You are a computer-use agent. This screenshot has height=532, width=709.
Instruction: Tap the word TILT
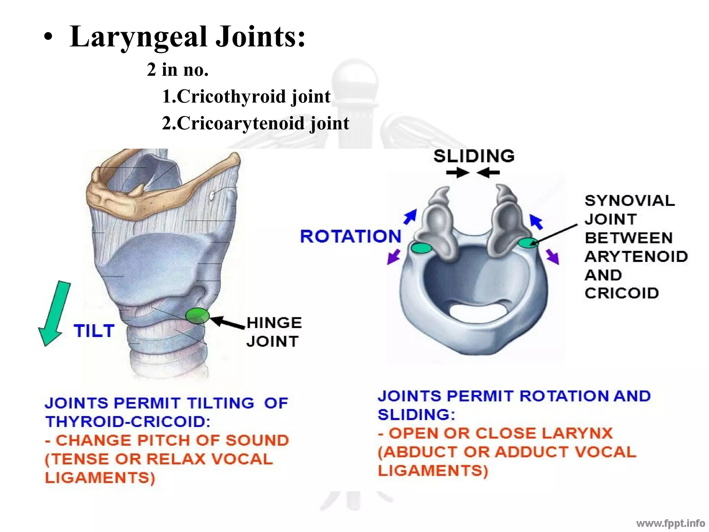point(94,331)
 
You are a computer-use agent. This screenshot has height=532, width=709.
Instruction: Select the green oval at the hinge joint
point(197,316)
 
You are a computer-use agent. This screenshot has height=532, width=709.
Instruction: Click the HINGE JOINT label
point(274,332)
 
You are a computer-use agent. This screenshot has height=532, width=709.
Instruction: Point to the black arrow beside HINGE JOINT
point(227,322)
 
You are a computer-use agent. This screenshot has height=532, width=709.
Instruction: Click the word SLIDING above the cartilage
point(474,156)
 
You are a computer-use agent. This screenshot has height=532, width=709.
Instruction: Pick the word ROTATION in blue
point(350,237)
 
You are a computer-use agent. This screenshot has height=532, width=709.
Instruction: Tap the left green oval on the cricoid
point(421,248)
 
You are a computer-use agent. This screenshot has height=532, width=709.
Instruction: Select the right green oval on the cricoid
point(528,243)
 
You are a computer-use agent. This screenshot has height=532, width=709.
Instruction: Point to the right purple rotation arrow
point(553,257)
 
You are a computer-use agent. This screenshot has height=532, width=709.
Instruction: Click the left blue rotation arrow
point(410,216)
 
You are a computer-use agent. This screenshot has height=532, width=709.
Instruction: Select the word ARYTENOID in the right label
point(636,257)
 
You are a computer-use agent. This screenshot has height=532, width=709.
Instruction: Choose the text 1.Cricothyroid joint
point(246,96)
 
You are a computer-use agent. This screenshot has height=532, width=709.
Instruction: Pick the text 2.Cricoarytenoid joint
point(255,123)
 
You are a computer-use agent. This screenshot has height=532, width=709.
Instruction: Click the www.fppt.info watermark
point(670,523)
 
